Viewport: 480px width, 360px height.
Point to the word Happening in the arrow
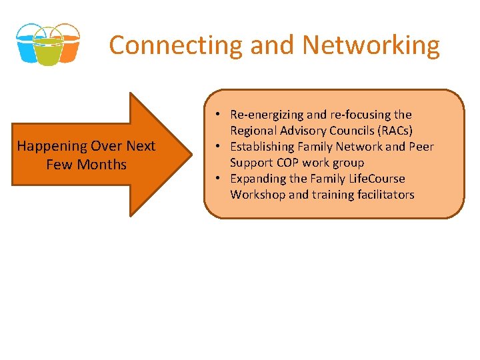(51, 146)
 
